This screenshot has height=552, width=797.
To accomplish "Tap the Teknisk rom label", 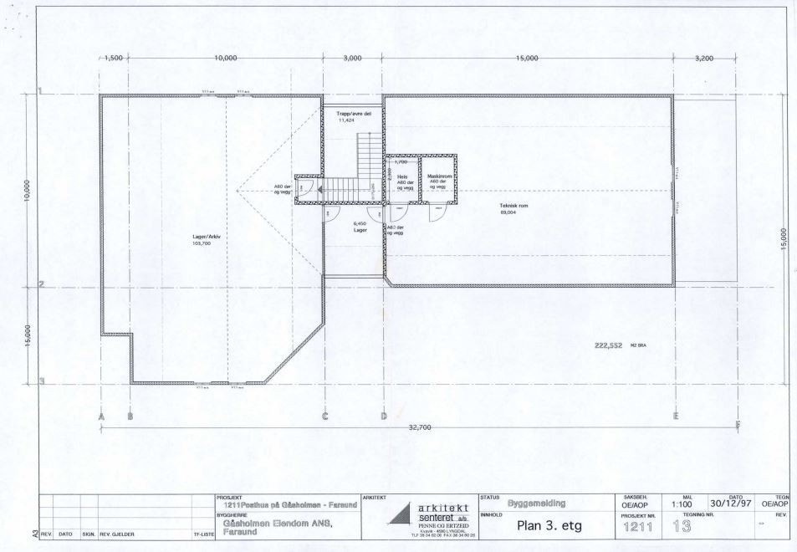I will pos(514,205).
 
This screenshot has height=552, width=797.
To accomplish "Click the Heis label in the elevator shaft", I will pos(402,177).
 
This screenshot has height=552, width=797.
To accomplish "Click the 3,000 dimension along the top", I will pos(353,58).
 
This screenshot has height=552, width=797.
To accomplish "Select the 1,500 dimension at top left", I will pos(113,58).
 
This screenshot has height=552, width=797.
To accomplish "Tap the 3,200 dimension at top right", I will pos(706,58).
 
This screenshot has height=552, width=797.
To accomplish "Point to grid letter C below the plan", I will pos(324,415).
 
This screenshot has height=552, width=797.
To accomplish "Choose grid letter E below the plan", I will pos(674,415).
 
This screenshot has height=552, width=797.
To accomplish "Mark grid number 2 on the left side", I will pos(40,284).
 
